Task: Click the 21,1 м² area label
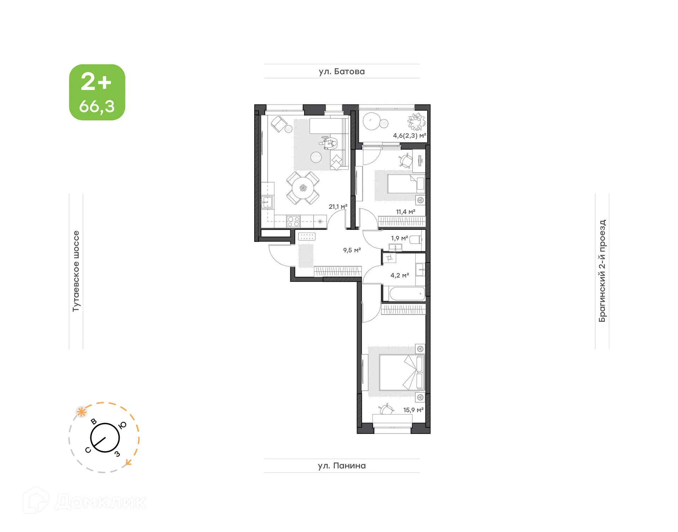[x=338, y=207]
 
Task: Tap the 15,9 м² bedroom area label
[x=413, y=410]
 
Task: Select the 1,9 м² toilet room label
[x=399, y=238]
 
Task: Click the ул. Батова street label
[x=341, y=72]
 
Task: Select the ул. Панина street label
[x=341, y=466]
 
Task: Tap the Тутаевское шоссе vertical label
[x=76, y=271]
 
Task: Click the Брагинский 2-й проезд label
[x=602, y=271]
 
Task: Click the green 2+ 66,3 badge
[x=97, y=92]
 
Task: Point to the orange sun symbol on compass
[x=82, y=412]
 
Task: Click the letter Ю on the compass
[x=122, y=425]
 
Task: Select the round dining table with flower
[x=303, y=188]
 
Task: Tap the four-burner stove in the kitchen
[x=293, y=221]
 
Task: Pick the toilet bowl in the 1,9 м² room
[x=416, y=240]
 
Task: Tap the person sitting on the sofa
[x=330, y=143]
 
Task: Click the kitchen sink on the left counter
[x=267, y=203]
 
